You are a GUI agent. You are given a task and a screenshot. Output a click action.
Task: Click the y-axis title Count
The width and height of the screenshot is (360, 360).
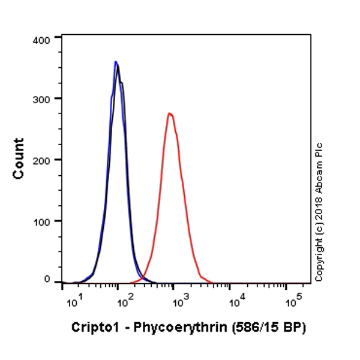tap(19, 158)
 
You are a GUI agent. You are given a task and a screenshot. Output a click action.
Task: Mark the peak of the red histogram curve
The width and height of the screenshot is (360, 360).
tap(170, 113)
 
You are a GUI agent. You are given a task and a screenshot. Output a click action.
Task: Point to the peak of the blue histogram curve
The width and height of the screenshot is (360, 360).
tap(116, 61)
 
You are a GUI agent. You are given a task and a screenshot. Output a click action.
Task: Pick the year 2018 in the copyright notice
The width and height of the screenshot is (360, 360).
tap(319, 208)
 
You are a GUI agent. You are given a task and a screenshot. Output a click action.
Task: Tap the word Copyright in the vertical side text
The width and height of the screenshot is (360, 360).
tap(319, 256)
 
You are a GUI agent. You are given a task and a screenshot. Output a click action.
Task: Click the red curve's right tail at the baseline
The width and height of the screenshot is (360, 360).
tap(211, 281)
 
